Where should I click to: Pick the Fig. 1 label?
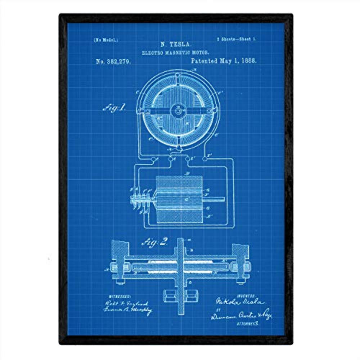point(114,108)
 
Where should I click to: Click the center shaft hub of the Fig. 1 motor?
point(177,112)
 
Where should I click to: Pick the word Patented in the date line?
point(204,61)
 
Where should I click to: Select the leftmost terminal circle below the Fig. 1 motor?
point(154,159)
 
